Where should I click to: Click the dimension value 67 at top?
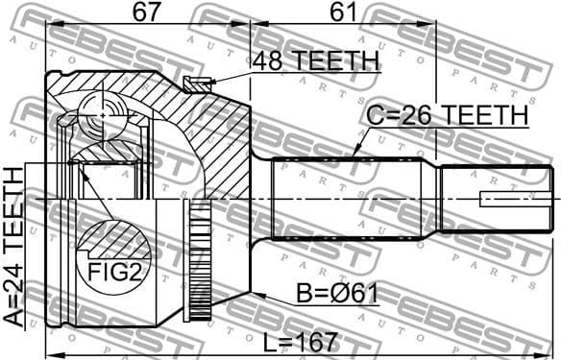click(x=147, y=13)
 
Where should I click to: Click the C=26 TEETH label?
click(x=449, y=116)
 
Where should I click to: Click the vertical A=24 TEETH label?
click(x=13, y=248)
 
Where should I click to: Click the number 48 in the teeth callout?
click(x=266, y=61)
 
